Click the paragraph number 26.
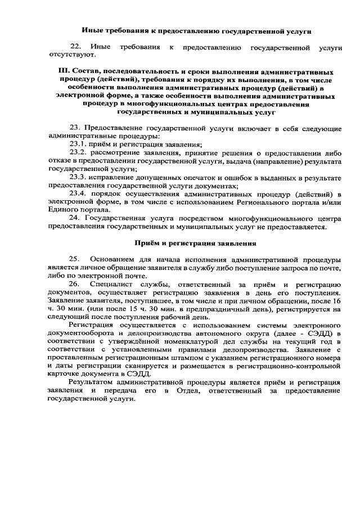pos(74,285)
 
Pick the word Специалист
pos(116,285)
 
